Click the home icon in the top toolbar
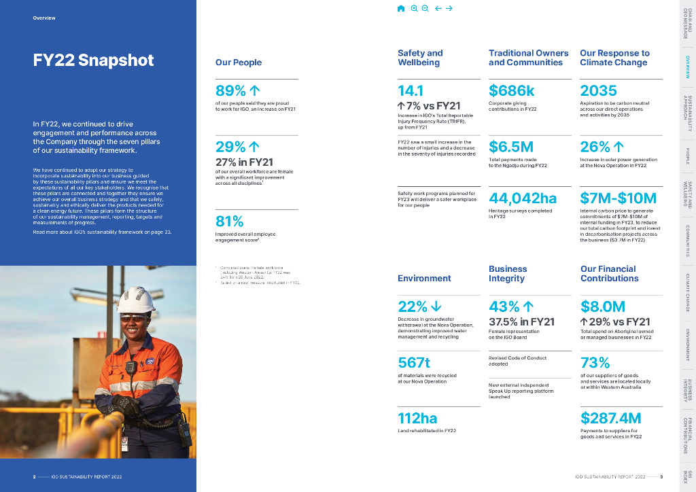point(401,8)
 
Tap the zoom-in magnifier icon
point(414,8)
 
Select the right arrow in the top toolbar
point(449,8)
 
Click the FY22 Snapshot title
point(94,60)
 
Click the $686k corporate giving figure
point(512,91)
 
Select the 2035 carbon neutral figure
point(598,91)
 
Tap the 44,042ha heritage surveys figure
point(523,198)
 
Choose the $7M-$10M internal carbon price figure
point(618,198)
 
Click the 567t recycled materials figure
point(413,362)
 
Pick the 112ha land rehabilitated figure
point(417,418)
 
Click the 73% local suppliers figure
point(595,362)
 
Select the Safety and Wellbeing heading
point(420,58)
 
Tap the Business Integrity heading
point(508,273)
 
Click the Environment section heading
point(424,278)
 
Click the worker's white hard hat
point(137,298)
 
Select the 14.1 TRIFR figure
point(411,91)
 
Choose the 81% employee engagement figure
point(229,222)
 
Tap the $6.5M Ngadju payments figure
point(510,147)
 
